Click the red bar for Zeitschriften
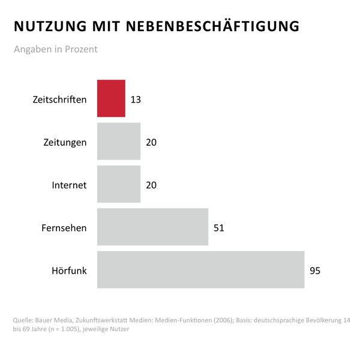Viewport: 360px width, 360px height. coord(111,98)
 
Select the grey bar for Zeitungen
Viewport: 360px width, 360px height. coord(119,142)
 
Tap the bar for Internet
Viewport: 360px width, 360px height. coord(119,184)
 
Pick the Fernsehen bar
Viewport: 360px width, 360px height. coord(152,227)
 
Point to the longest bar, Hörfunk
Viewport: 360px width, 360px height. coord(200,270)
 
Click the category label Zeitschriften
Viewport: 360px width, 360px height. coord(59,99)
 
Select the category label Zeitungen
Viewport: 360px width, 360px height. coord(65,142)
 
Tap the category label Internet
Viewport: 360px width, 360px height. coord(69,185)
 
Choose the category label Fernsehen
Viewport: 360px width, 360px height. coord(64,227)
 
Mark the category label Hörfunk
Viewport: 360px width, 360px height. coord(69,271)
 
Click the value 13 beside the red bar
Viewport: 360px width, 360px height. coord(136,99)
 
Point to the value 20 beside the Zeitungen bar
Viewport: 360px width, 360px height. coord(151,142)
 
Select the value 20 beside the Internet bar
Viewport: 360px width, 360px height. coord(151,185)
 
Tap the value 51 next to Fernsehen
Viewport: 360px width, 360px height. coord(218,227)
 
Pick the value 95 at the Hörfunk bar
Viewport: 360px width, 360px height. coord(315,271)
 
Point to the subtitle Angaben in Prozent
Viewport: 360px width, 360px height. coord(55,49)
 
